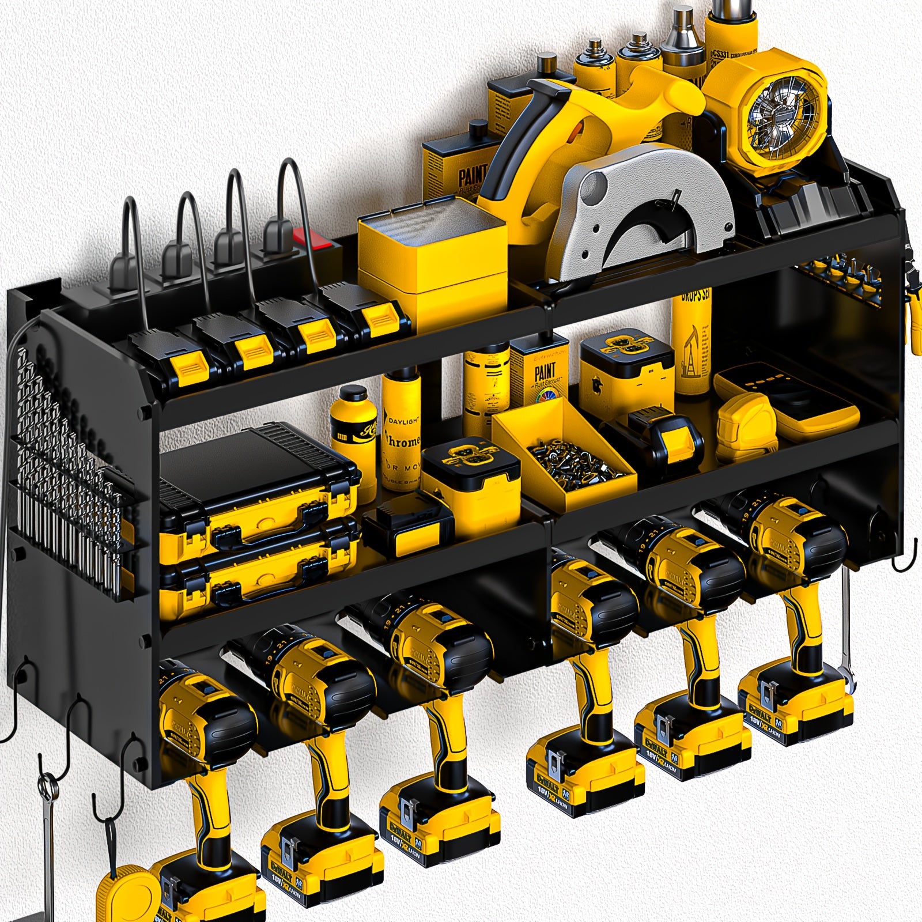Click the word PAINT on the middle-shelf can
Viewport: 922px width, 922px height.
click(x=545, y=372)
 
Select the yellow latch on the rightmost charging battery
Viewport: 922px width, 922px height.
click(x=380, y=320)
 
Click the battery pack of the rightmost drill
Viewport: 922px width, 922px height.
click(x=795, y=712)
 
